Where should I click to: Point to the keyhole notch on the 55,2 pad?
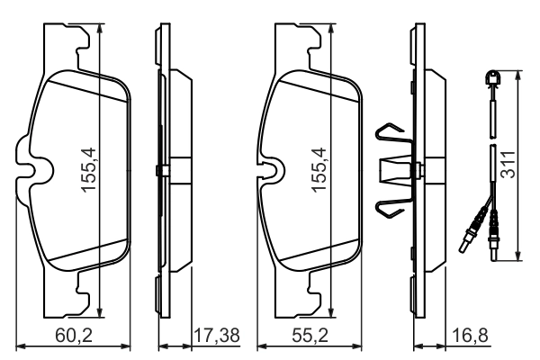[x=269, y=169]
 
